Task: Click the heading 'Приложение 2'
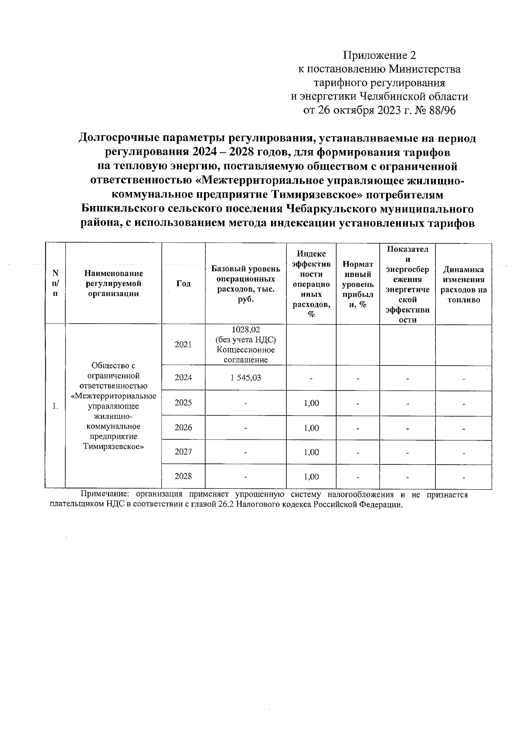point(380,55)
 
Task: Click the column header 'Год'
point(183,284)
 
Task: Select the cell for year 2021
point(183,344)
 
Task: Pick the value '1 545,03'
point(246,377)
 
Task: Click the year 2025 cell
point(183,402)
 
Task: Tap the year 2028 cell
point(183,476)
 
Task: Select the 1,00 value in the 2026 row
point(311,428)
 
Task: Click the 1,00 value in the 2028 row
point(311,477)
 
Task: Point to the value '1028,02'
point(246,329)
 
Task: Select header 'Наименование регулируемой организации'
point(113,284)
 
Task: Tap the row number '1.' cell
point(55,406)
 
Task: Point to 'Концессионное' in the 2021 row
point(246,350)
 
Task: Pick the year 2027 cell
point(183,452)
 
